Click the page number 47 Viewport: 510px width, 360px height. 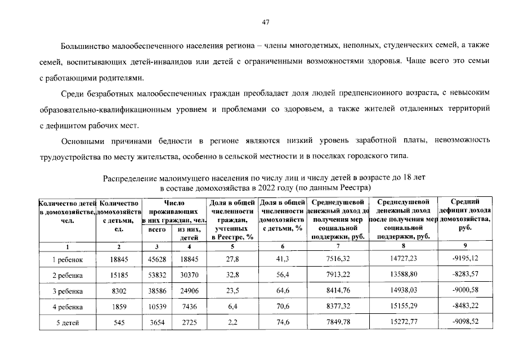click(x=266, y=22)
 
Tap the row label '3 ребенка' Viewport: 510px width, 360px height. click(x=68, y=292)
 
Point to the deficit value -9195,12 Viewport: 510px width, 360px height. click(x=464, y=260)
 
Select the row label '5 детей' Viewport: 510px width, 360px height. click(x=68, y=323)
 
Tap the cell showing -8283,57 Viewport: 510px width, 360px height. click(x=464, y=276)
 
